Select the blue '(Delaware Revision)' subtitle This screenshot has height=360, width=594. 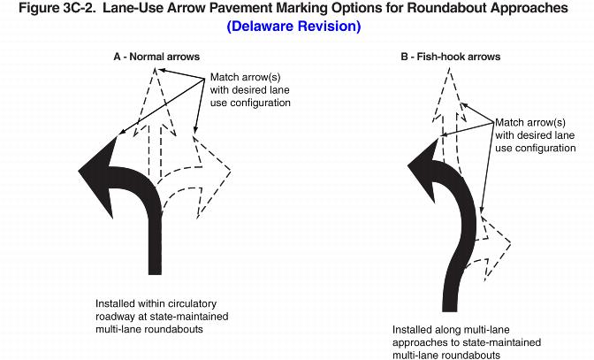click(293, 27)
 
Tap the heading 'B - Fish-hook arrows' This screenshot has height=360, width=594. click(450, 57)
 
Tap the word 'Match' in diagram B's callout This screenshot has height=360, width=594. click(511, 123)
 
